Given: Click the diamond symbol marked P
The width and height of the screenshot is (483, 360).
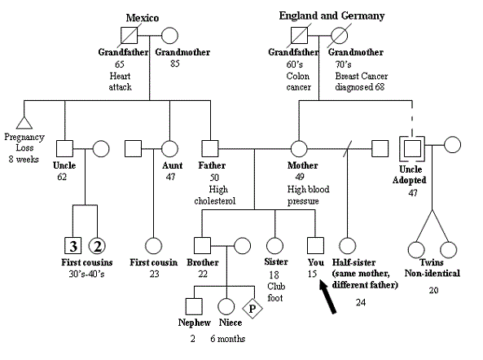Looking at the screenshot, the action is point(252,308).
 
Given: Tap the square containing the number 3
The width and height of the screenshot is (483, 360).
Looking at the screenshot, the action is point(73,246).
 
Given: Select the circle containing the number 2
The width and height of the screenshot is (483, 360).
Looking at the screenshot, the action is point(97,246).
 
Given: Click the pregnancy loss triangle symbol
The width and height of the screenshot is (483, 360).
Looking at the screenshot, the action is point(24,122).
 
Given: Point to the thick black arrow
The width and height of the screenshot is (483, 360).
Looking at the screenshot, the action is point(327,296).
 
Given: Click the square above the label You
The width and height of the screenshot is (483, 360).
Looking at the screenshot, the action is point(315,246).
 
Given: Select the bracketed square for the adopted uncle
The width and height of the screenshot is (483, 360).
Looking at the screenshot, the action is point(412,149).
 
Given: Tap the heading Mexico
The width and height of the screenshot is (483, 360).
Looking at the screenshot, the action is point(143,18).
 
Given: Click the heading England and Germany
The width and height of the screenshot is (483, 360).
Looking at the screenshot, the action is point(332,15).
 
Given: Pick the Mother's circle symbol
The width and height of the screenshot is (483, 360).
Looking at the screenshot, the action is point(299,149).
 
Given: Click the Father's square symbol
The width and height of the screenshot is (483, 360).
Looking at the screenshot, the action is point(210,149).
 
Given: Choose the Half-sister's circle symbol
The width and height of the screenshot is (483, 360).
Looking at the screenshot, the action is point(348,246).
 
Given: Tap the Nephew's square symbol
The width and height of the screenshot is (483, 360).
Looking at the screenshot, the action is point(194,306).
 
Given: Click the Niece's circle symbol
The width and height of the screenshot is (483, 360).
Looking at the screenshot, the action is point(226,307).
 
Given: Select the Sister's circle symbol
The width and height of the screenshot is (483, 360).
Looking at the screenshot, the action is point(274,246).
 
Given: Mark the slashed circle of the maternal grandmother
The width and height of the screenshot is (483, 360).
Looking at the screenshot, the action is point(339,35).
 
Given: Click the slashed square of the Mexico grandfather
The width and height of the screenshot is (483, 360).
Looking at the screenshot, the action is point(129,35).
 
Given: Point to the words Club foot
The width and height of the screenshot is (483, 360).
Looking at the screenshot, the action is point(276,292).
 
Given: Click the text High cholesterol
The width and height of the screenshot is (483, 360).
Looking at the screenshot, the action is point(215,195).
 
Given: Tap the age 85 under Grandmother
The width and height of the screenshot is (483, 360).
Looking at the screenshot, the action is point(175,64).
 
